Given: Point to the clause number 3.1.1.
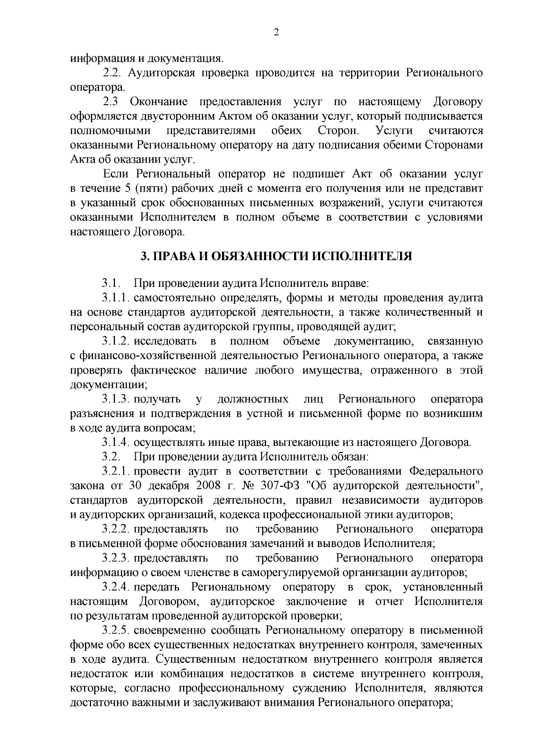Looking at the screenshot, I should pyautogui.click(x=115, y=297).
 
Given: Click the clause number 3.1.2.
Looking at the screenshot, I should pyautogui.click(x=115, y=341).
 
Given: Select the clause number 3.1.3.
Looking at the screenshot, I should pyautogui.click(x=115, y=399).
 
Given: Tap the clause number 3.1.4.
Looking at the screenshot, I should pyautogui.click(x=115, y=442).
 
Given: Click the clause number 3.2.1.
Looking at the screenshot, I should pyautogui.click(x=115, y=471).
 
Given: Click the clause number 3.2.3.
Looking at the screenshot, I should pyautogui.click(x=115, y=558).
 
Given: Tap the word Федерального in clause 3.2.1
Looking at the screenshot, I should pyautogui.click(x=445, y=471).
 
